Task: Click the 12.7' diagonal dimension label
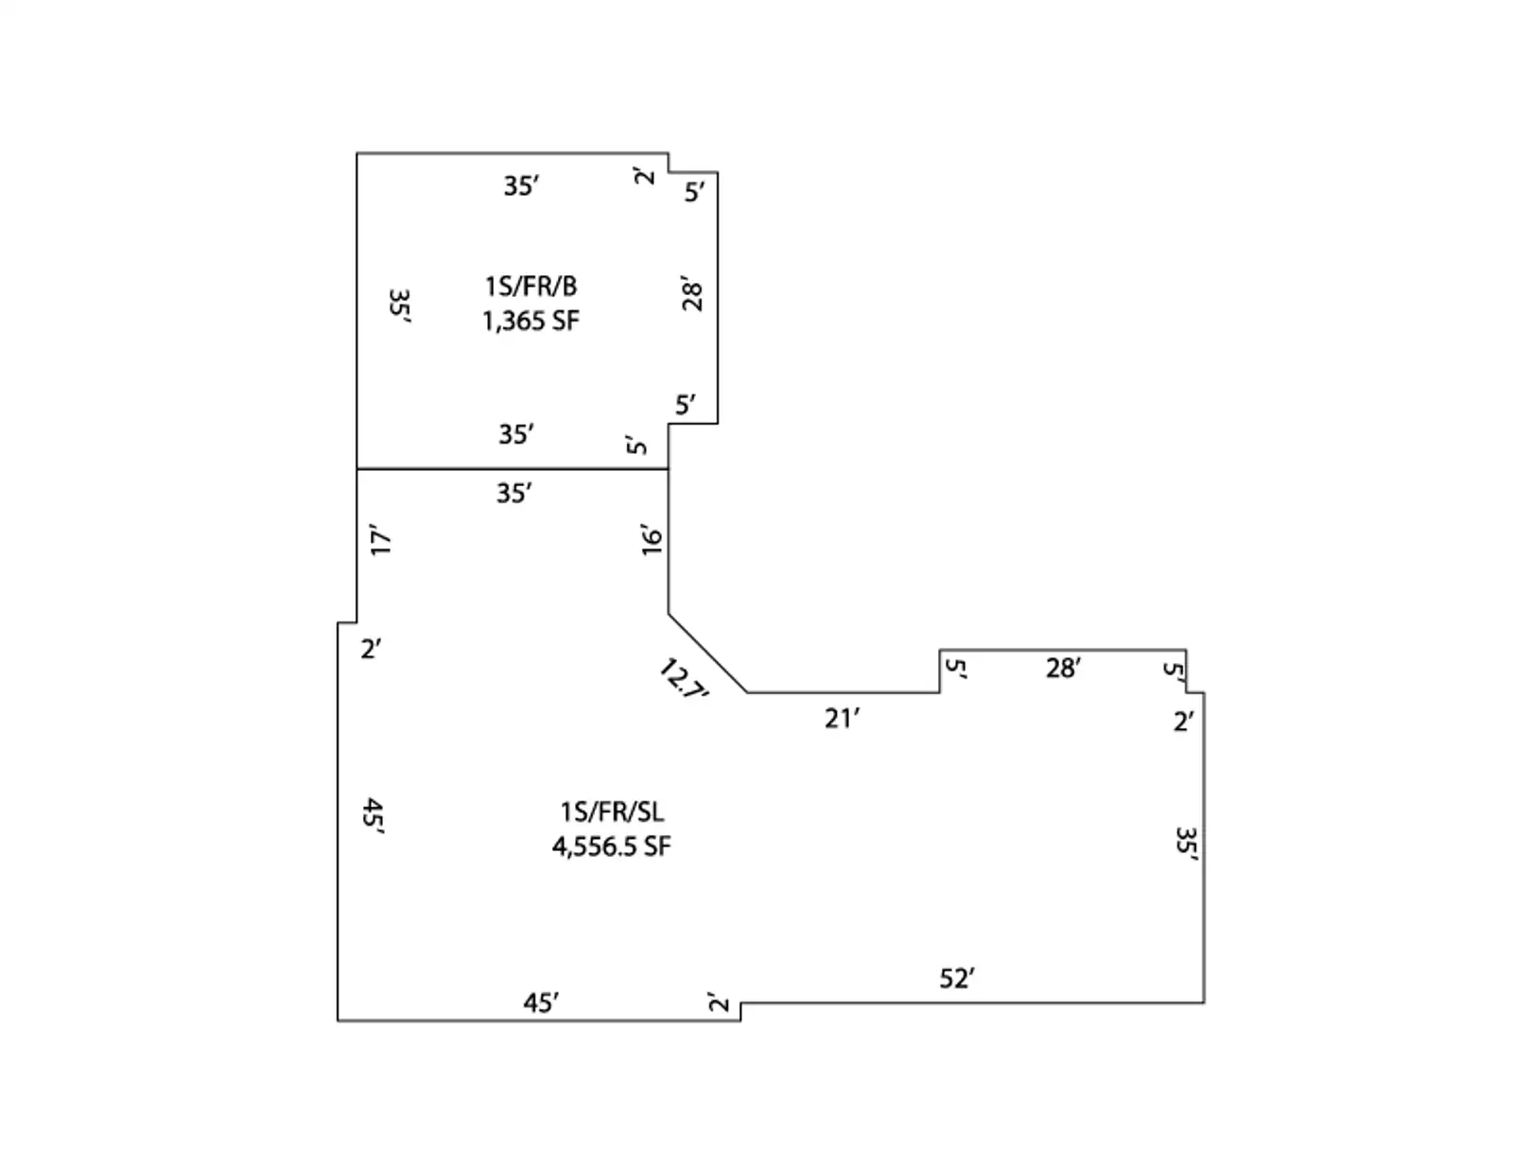pos(683,679)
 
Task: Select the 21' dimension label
pos(842,719)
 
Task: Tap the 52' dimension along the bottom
pos(957,978)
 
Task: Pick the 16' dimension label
pos(652,539)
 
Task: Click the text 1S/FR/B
pos(530,286)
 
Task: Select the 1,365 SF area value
pos(530,321)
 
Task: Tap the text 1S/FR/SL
pos(612,811)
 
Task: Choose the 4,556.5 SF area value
pos(612,846)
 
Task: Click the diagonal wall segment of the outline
pos(707,653)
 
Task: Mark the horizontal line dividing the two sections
pos(512,468)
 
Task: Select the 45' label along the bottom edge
pos(541,1003)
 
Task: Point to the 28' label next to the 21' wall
pos(1063,669)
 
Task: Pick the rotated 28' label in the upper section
pos(693,295)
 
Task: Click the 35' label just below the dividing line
pos(514,493)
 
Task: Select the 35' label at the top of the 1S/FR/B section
pos(521,185)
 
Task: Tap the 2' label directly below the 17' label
pos(371,649)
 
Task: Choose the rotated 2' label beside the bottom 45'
pos(720,1003)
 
